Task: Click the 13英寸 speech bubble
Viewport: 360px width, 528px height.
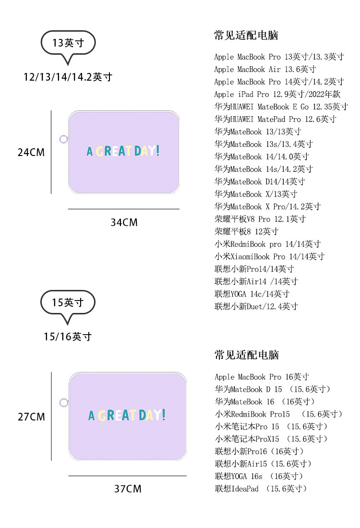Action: pyautogui.click(x=68, y=43)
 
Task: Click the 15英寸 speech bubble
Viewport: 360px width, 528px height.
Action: pyautogui.click(x=68, y=302)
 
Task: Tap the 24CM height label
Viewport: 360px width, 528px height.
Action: pyautogui.click(x=31, y=153)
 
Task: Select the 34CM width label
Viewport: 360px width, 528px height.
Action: pyautogui.click(x=124, y=222)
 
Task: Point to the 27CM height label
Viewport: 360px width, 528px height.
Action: pyautogui.click(x=31, y=417)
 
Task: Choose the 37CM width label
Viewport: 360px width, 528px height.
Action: pyautogui.click(x=128, y=489)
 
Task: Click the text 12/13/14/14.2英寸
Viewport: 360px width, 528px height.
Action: pyautogui.click(x=68, y=77)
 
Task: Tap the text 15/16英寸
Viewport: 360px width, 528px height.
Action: pyautogui.click(x=68, y=336)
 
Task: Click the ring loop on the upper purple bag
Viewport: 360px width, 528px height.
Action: pyautogui.click(x=63, y=139)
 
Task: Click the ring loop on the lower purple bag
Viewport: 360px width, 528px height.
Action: pyautogui.click(x=63, y=402)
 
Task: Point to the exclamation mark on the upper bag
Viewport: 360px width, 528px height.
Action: pyautogui.click(x=158, y=151)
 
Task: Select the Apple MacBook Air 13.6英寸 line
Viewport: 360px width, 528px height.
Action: pyautogui.click(x=265, y=69)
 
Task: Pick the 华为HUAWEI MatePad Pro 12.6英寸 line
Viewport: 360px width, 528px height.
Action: pyautogui.click(x=275, y=119)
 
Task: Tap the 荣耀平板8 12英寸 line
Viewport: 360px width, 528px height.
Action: pyautogui.click(x=246, y=231)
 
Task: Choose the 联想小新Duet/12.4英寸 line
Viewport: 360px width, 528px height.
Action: pyautogui.click(x=256, y=306)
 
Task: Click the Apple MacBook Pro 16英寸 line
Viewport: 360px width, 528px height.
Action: pyautogui.click(x=262, y=377)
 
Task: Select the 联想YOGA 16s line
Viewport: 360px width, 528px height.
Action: pyautogui.click(x=259, y=476)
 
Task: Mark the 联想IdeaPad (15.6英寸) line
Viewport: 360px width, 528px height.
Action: pyautogui.click(x=261, y=489)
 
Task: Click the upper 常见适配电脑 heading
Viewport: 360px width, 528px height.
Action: pyautogui.click(x=246, y=35)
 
